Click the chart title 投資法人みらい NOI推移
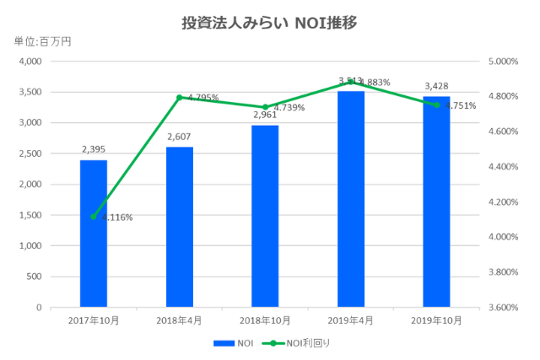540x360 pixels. [x=269, y=22]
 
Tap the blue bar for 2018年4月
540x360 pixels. [x=180, y=228]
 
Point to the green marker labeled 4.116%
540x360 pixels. [x=94, y=217]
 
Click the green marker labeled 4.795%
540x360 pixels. [x=180, y=98]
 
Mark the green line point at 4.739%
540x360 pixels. [x=265, y=108]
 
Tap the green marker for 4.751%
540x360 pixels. [x=436, y=105]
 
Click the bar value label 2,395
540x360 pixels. [x=94, y=149]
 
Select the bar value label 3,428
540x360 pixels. [x=436, y=86]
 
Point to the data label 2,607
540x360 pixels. [x=180, y=137]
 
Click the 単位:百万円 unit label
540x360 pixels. [x=36, y=42]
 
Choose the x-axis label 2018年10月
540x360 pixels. [x=265, y=321]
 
